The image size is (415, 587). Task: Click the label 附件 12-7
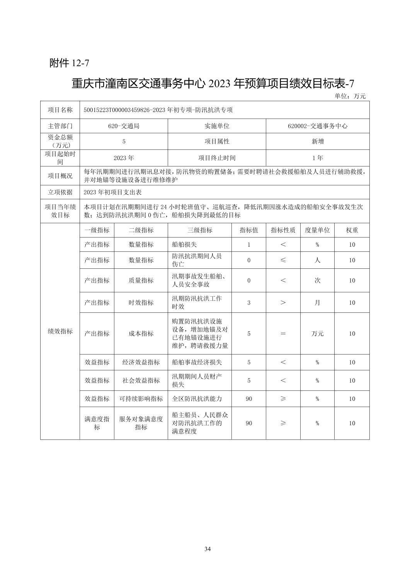[70, 63]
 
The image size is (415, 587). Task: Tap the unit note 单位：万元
[350, 96]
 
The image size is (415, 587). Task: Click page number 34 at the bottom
[207, 549]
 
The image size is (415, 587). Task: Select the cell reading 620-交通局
[124, 126]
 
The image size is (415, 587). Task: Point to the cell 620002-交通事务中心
[317, 126]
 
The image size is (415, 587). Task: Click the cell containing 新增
[317, 141]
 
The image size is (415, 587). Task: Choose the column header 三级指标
[199, 230]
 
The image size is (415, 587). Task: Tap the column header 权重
[352, 230]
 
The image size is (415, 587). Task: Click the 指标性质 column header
[283, 230]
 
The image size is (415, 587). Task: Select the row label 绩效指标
[60, 331]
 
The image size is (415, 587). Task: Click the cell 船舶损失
[184, 244]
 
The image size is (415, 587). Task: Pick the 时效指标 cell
[141, 302]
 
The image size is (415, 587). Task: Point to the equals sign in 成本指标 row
[283, 334]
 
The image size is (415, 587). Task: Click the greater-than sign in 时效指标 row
[283, 302]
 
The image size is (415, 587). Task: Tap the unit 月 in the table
[317, 302]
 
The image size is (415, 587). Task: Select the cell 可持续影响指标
[141, 399]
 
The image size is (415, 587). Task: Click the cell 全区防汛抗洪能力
[197, 399]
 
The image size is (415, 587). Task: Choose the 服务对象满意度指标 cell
[141, 423]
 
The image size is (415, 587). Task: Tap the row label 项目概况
[60, 176]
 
